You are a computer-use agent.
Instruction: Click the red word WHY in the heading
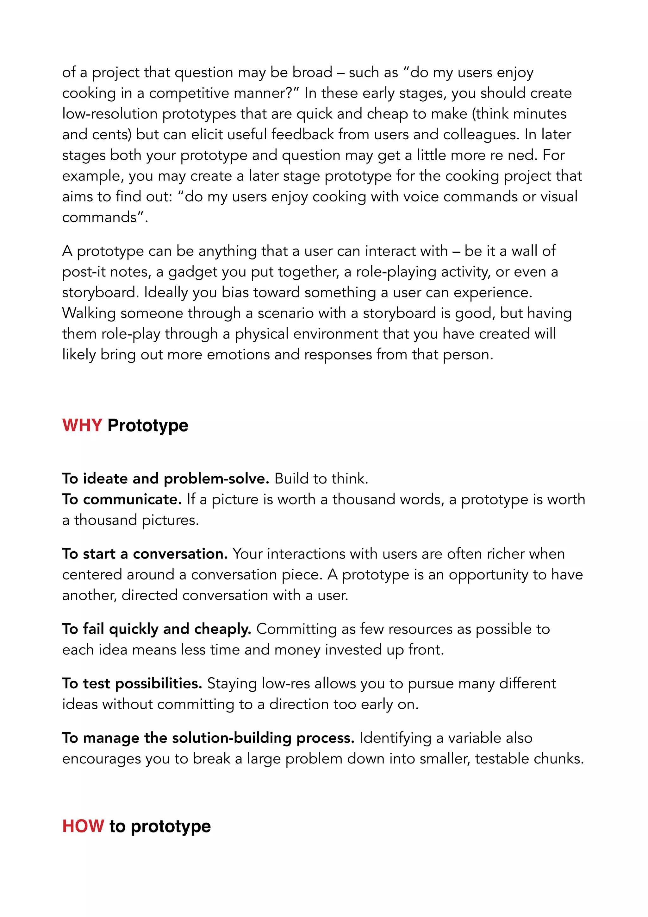click(82, 425)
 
